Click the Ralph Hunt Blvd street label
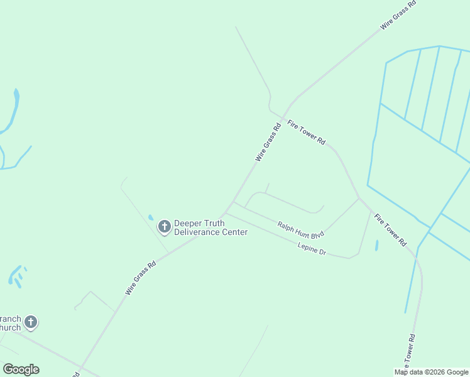(x=300, y=229)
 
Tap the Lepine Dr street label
(x=312, y=249)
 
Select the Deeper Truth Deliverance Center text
(x=210, y=227)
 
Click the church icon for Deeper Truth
(x=165, y=226)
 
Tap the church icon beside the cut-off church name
(x=30, y=322)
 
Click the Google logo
(x=21, y=369)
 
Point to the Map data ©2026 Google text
(x=431, y=372)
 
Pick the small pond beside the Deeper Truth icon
(x=151, y=218)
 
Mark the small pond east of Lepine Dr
(x=376, y=246)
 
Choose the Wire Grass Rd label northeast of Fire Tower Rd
(x=398, y=16)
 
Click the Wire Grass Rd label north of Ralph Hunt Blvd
(x=268, y=143)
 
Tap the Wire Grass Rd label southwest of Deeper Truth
(x=140, y=278)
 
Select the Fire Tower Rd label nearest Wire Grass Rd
(x=306, y=133)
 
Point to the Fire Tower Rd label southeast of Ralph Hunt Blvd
(x=390, y=229)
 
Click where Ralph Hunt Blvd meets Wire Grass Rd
(x=233, y=202)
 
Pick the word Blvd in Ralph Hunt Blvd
(x=317, y=234)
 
